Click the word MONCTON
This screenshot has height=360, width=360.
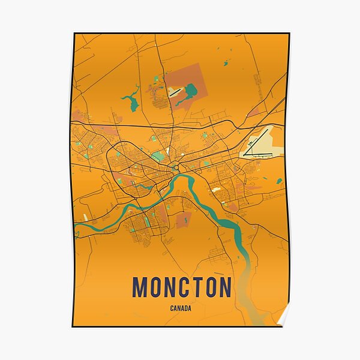coord(182,287)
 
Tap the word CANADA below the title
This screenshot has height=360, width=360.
coord(181,309)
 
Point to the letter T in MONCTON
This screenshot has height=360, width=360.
coord(196,287)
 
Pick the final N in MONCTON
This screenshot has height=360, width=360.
coord(224,287)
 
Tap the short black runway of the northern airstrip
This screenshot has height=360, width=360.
coord(175,92)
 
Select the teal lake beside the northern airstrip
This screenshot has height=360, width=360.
coord(191,92)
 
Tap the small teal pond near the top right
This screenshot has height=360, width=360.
coord(226,62)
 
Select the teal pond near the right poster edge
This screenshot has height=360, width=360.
coord(279,180)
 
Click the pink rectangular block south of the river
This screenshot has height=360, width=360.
coord(184,219)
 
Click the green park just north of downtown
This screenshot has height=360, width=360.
coord(157,155)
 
